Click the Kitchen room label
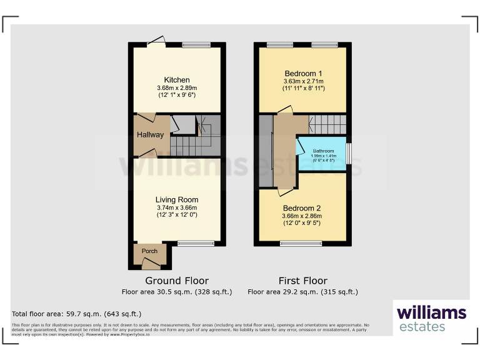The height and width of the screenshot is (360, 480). tap(177, 80)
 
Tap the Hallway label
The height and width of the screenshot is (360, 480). tap(150, 134)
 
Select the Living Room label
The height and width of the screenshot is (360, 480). tap(177, 200)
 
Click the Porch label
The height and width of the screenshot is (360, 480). tap(149, 251)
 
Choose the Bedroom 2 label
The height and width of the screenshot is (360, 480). tap(302, 208)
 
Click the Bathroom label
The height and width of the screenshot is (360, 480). tap(323, 151)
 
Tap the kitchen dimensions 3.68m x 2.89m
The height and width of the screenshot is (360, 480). tap(177, 88)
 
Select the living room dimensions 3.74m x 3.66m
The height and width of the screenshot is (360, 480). tap(177, 208)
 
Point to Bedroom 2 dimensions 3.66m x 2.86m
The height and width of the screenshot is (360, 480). tap(302, 216)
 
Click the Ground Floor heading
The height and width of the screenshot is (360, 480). tap(177, 281)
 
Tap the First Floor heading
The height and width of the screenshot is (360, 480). tap(302, 281)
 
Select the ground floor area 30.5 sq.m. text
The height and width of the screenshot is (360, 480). tap(177, 292)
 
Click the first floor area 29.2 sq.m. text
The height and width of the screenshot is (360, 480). tap(302, 292)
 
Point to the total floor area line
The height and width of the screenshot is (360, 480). tap(77, 314)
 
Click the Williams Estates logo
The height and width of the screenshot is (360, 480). tap(431, 317)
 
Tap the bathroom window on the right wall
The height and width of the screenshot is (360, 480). tap(349, 153)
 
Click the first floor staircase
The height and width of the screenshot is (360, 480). tap(327, 124)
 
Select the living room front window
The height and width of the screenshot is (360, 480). tap(196, 243)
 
